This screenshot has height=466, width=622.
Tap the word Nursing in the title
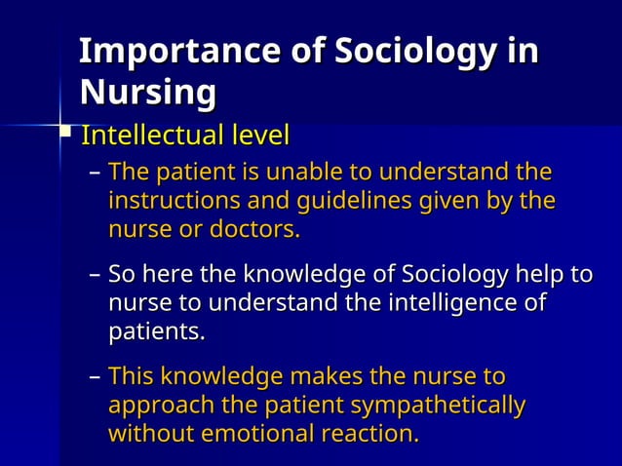coord(146,94)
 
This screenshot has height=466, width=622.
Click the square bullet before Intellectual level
coord(66,131)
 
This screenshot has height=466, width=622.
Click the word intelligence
coord(440,303)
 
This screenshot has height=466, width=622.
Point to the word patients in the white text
coord(156,332)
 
